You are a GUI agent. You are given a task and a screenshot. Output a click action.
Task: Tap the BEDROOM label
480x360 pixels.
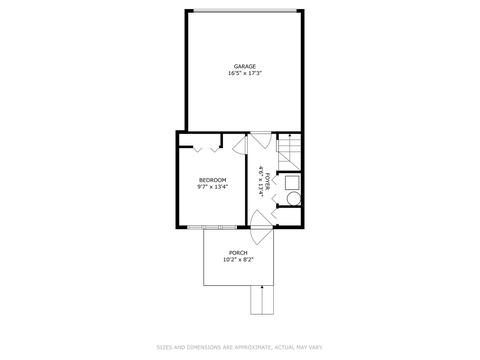[212, 180]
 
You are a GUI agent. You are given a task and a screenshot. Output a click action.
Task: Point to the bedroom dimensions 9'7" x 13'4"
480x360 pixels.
[212, 187]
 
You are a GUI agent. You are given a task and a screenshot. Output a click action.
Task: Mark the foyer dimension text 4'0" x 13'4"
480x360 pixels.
[260, 180]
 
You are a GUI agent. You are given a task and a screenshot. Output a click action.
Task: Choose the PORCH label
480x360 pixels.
[238, 253]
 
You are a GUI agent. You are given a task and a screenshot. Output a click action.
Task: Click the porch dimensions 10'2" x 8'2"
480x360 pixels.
[238, 260]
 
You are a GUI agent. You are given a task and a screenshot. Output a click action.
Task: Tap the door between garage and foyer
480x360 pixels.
[257, 140]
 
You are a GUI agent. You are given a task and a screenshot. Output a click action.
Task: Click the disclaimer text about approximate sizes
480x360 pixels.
[239, 348]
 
